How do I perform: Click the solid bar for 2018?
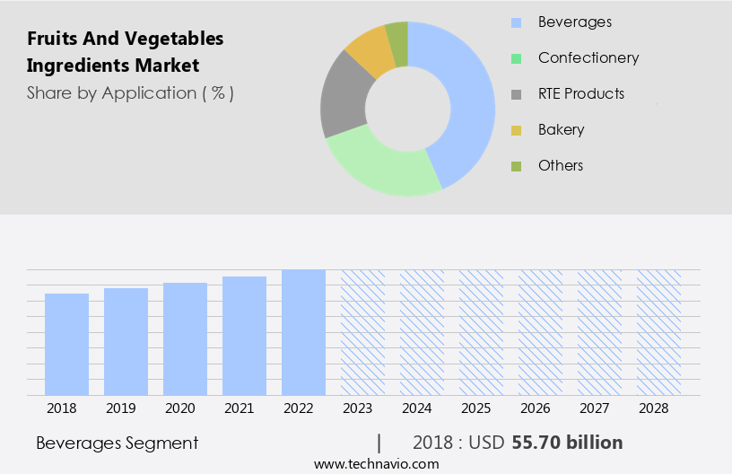click(66, 344)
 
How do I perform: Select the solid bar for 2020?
click(185, 338)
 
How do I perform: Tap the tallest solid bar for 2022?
click(303, 332)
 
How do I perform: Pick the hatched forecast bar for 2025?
click(481, 332)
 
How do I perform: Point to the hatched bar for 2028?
click(658, 332)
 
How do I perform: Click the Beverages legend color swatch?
click(516, 22)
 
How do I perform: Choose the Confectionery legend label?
click(588, 58)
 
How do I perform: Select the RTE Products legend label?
click(581, 94)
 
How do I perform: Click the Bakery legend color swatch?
click(516, 130)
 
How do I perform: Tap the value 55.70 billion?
click(567, 443)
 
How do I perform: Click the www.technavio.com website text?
click(377, 463)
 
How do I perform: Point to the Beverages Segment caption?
click(118, 443)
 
